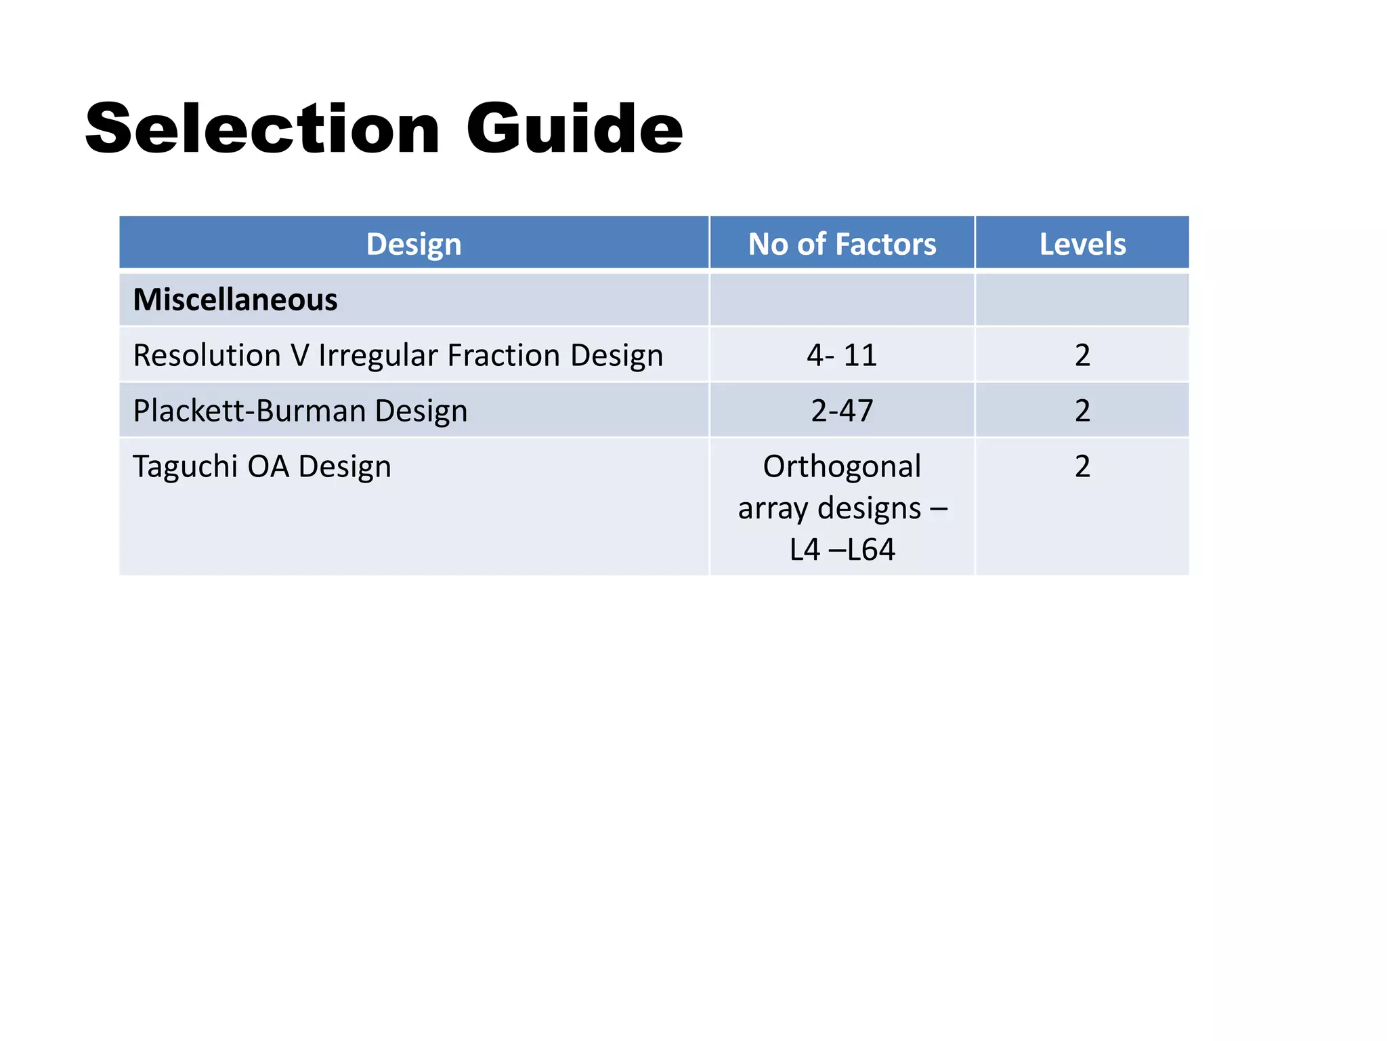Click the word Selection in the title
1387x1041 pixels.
point(263,129)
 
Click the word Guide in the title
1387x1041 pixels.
point(574,129)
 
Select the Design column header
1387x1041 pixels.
point(414,244)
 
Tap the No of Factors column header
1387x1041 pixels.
point(842,244)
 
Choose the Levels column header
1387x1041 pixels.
point(1082,244)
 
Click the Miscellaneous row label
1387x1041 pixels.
point(235,300)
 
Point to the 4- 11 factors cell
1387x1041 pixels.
point(842,355)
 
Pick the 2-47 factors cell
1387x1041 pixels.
point(842,411)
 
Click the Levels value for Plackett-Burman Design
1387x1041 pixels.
point(1082,411)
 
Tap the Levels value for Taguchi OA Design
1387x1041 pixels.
point(1082,466)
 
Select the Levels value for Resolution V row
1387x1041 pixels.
point(1082,355)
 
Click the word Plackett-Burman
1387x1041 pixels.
point(249,411)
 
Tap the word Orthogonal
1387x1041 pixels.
point(842,466)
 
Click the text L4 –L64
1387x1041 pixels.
point(842,549)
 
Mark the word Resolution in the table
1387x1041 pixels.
point(207,355)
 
